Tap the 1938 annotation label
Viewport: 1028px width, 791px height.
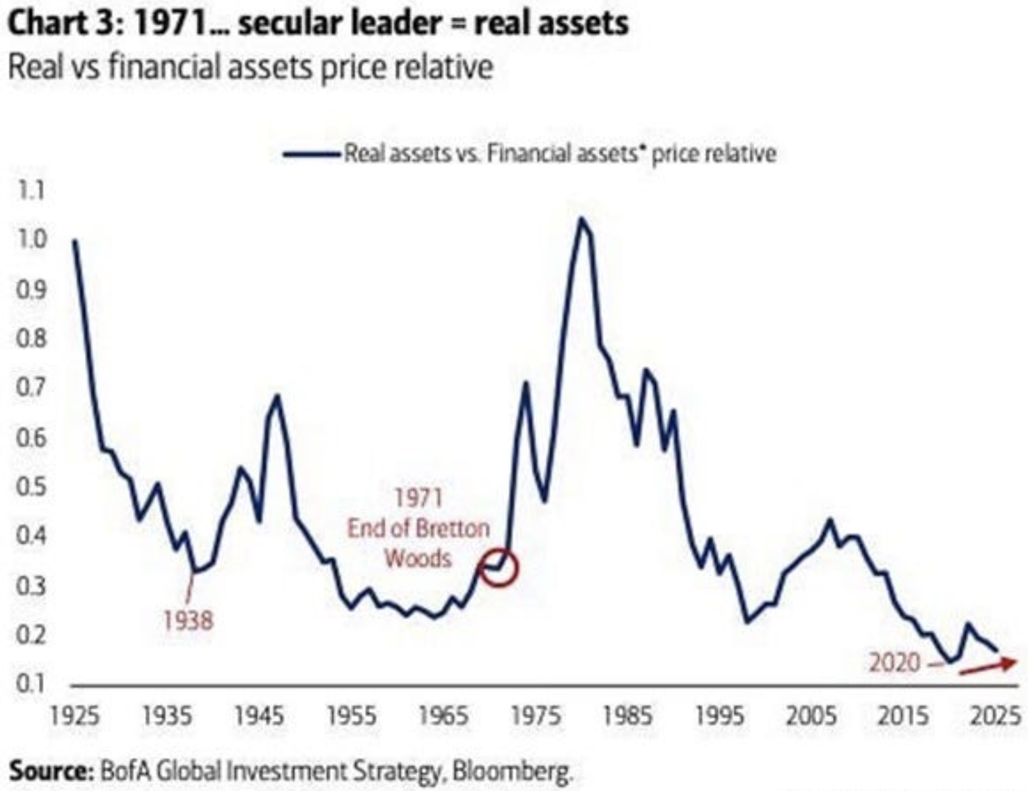pyautogui.click(x=188, y=620)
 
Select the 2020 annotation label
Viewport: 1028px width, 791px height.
pyautogui.click(x=894, y=663)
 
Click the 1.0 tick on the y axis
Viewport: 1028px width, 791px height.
pyautogui.click(x=30, y=240)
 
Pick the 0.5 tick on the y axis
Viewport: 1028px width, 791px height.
pyautogui.click(x=30, y=487)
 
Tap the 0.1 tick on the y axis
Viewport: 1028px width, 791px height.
pyautogui.click(x=30, y=684)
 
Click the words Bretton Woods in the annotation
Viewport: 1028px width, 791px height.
pyautogui.click(x=418, y=543)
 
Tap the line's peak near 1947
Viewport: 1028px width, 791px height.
pyautogui.click(x=276, y=396)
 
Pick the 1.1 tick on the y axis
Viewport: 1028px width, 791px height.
pyautogui.click(x=30, y=190)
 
